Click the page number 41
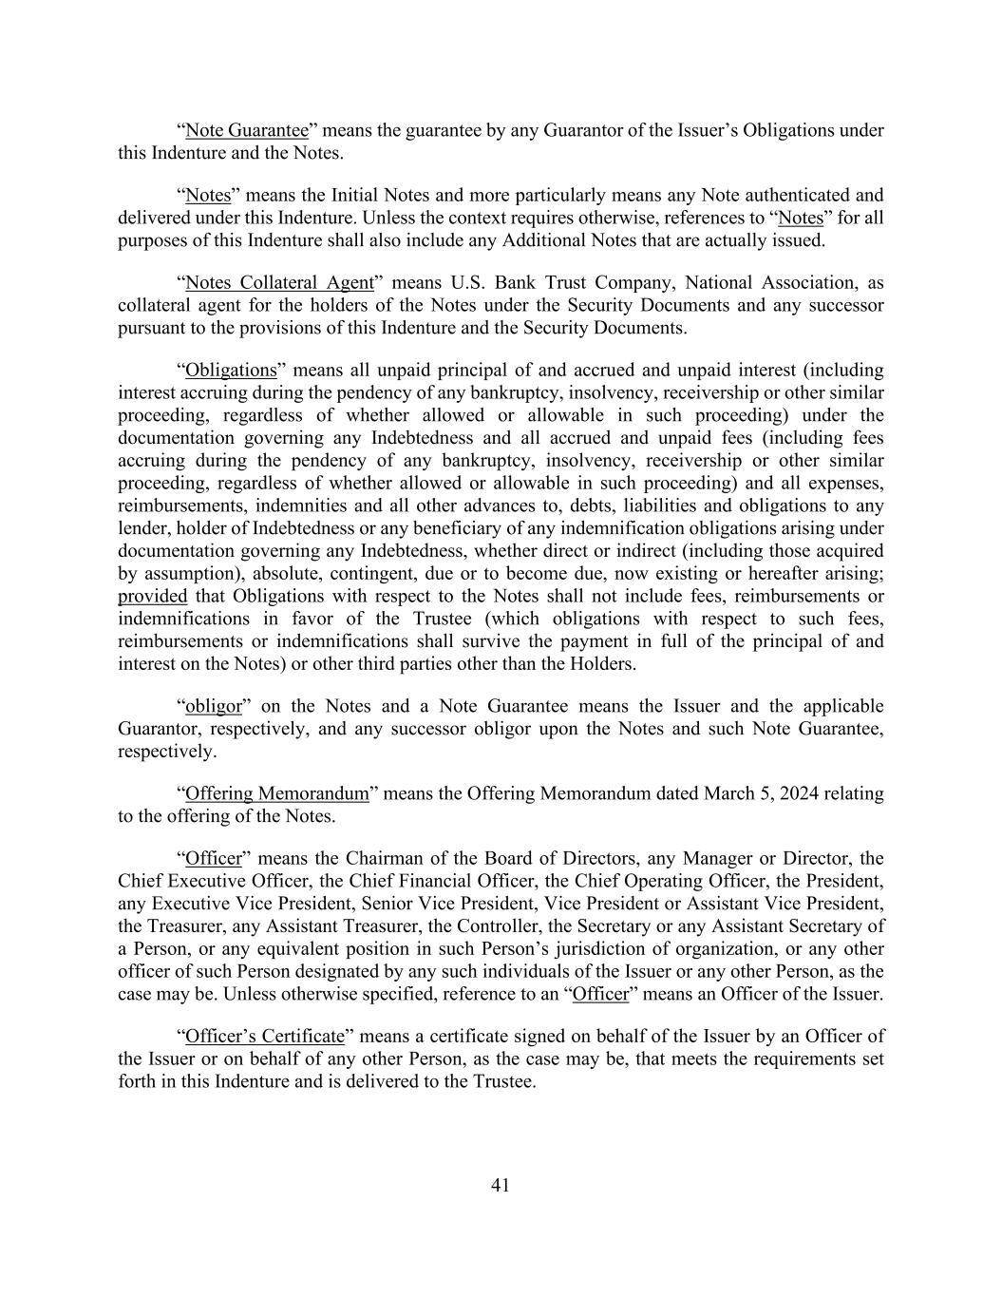[501, 1185]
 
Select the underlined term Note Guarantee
[247, 130]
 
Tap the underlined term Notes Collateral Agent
[279, 282]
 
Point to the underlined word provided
[152, 596]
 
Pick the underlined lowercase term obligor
[214, 706]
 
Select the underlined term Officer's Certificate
[264, 1036]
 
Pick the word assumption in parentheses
[191, 573]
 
